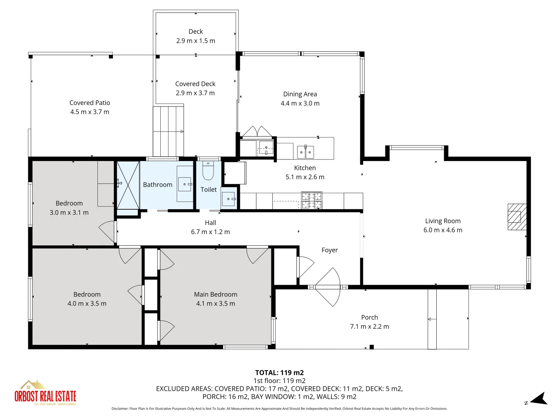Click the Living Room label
(443, 221)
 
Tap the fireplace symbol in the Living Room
(517, 217)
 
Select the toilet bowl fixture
(208, 171)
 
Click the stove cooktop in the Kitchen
(312, 200)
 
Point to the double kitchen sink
(305, 152)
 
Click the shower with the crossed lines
(128, 185)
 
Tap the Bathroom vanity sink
(185, 184)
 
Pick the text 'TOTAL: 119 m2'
(279, 373)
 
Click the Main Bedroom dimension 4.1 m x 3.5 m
(215, 304)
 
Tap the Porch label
(369, 317)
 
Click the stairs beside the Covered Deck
(168, 131)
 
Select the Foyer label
(330, 250)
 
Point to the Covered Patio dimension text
(90, 112)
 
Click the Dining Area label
(300, 94)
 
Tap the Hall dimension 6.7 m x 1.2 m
(210, 232)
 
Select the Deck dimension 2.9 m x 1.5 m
(196, 41)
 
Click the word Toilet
(208, 190)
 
